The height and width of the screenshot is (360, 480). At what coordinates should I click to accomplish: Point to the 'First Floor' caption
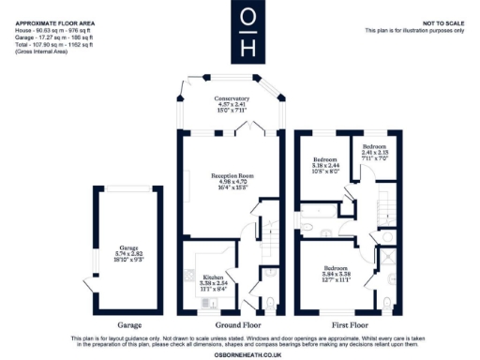[x=346, y=324]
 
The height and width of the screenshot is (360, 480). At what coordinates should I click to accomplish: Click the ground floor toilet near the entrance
[x=269, y=303]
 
